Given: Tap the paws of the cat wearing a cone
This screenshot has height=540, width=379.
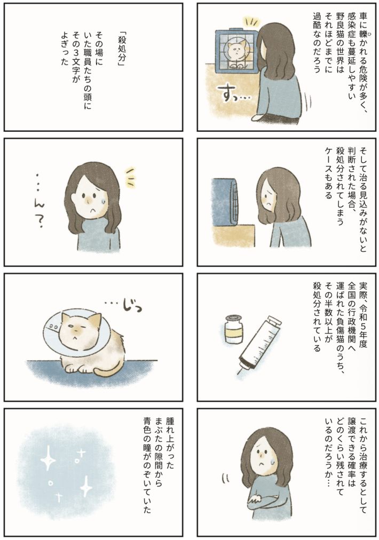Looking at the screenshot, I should click(74, 368).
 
